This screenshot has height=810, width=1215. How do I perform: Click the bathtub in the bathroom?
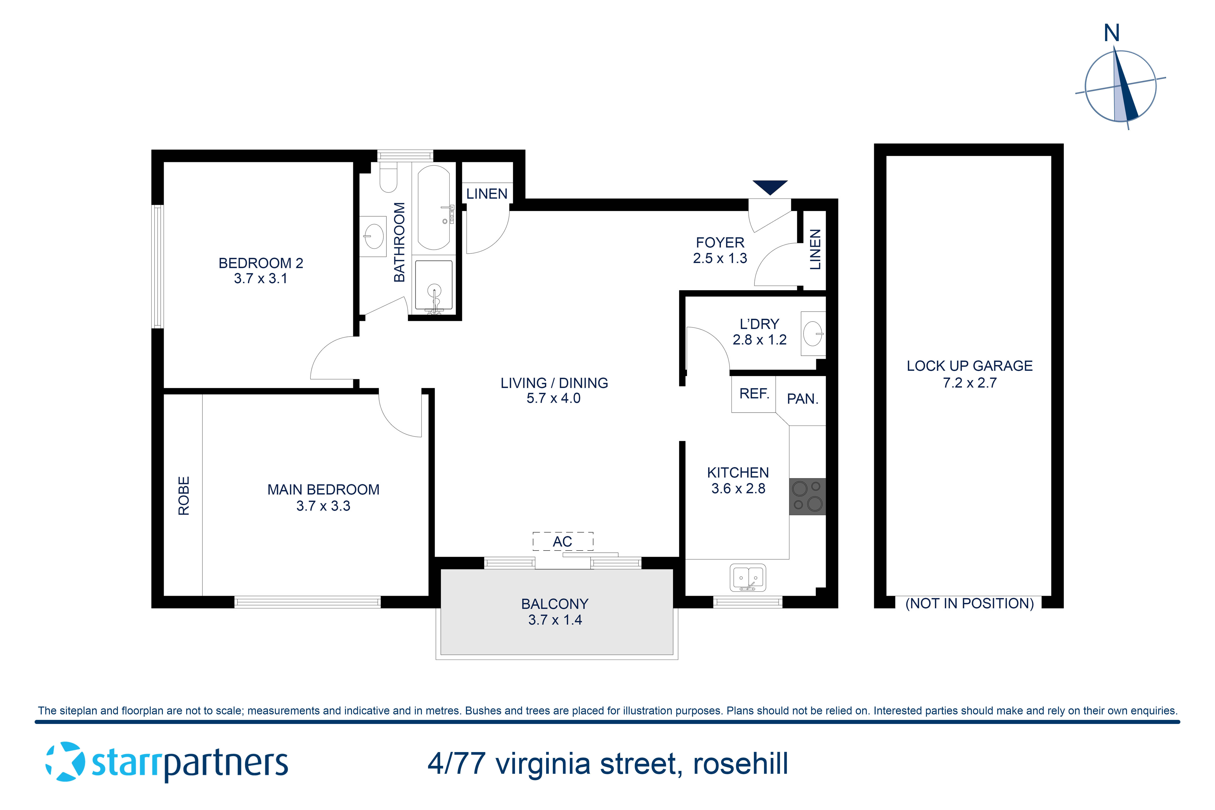(434, 208)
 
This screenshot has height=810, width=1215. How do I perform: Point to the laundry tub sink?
(813, 333)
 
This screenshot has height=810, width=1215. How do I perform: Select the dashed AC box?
(563, 541)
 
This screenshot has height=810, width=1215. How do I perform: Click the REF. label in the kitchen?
(754, 394)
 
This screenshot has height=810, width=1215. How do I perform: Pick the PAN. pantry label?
(802, 399)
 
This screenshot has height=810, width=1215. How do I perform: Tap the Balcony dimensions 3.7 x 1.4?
(555, 620)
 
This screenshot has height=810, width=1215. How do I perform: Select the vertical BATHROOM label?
(399, 242)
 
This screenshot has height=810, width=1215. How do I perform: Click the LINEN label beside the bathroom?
(487, 194)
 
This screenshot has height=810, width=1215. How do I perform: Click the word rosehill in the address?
(740, 764)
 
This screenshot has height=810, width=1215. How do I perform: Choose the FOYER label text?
(720, 242)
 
